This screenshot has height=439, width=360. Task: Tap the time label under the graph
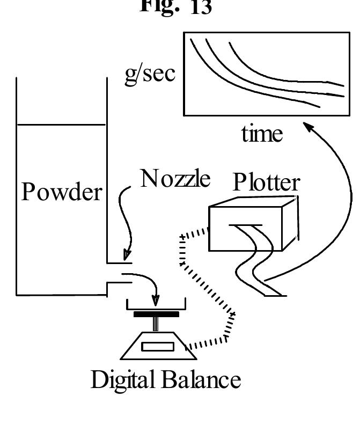click(x=262, y=134)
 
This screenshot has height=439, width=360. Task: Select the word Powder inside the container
click(x=61, y=192)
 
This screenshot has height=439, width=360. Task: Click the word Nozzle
click(x=175, y=179)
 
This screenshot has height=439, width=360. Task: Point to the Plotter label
click(x=266, y=183)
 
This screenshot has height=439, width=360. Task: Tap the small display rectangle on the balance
click(x=158, y=347)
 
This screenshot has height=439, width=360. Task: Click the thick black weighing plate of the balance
click(x=156, y=314)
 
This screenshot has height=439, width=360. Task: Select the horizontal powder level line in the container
click(x=61, y=125)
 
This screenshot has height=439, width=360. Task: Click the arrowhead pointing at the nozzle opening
click(x=127, y=254)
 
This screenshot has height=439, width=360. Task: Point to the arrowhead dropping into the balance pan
click(x=156, y=298)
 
